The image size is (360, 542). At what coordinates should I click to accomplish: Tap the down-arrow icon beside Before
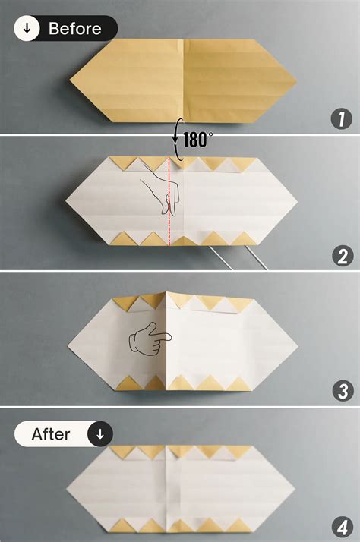pyautogui.click(x=27, y=29)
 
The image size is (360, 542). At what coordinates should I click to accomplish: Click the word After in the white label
pyautogui.click(x=51, y=435)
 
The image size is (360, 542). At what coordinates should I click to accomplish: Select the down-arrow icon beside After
pyautogui.click(x=100, y=435)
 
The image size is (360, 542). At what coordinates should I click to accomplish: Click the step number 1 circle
pyautogui.click(x=342, y=118)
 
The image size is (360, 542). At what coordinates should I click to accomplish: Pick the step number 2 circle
pyautogui.click(x=342, y=256)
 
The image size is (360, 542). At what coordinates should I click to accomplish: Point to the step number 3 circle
pyautogui.click(x=342, y=392)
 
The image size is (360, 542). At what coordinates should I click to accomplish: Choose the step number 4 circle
pyautogui.click(x=342, y=527)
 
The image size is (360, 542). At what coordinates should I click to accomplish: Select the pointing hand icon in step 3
pyautogui.click(x=149, y=339)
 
